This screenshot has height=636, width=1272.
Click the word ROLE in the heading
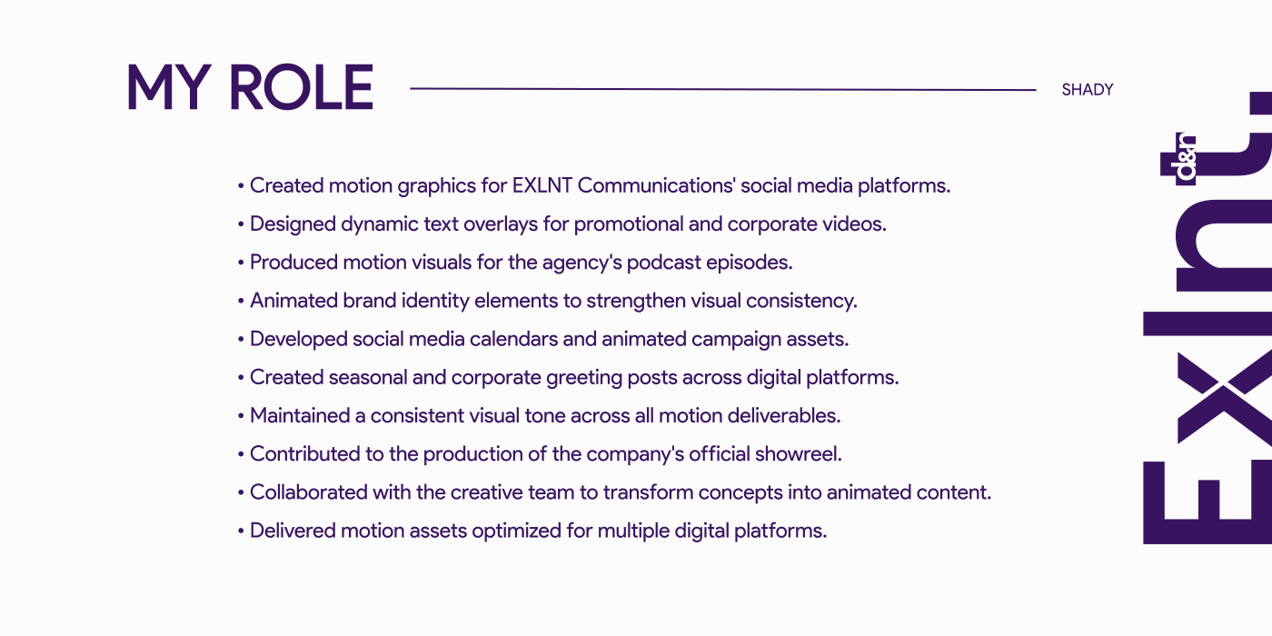[301, 87]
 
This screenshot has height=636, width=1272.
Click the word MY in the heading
[169, 87]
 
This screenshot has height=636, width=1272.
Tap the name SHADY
[1088, 90]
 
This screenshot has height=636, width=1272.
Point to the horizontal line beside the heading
[723, 89]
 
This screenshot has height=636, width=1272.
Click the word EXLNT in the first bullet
[542, 185]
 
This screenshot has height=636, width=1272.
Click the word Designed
[293, 224]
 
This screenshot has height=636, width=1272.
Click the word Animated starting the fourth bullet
[294, 301]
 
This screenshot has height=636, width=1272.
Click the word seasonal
[368, 378]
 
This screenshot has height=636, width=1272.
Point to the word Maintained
[300, 416]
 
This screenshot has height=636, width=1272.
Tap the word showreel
[798, 454]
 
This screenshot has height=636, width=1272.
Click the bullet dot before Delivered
[241, 532]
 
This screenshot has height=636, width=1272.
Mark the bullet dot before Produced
[241, 263]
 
